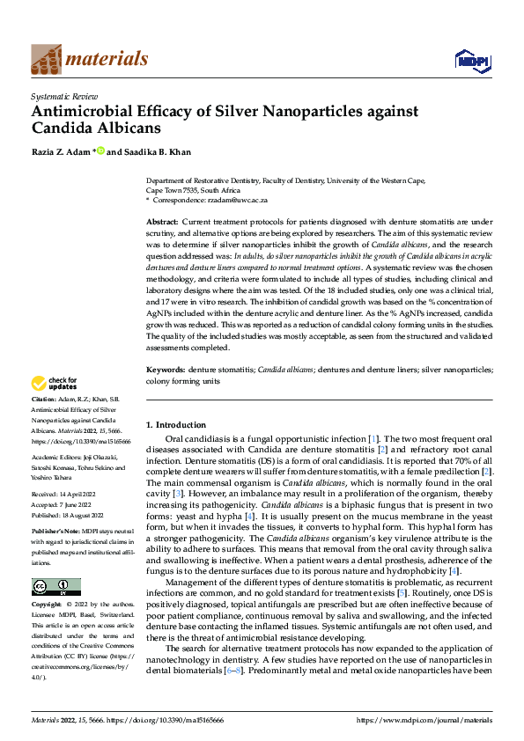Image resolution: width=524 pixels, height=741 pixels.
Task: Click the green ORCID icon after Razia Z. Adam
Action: [100, 150]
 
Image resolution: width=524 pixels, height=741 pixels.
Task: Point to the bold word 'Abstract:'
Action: [162, 221]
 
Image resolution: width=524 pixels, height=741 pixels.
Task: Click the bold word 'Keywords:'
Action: [165, 371]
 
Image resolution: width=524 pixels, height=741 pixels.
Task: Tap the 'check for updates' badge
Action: [54, 384]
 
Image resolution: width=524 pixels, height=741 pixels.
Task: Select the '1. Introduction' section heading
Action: [176, 425]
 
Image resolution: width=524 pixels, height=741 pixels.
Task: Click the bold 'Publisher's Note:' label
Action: [58, 533]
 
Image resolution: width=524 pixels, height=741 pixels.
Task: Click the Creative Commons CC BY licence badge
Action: [55, 586]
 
